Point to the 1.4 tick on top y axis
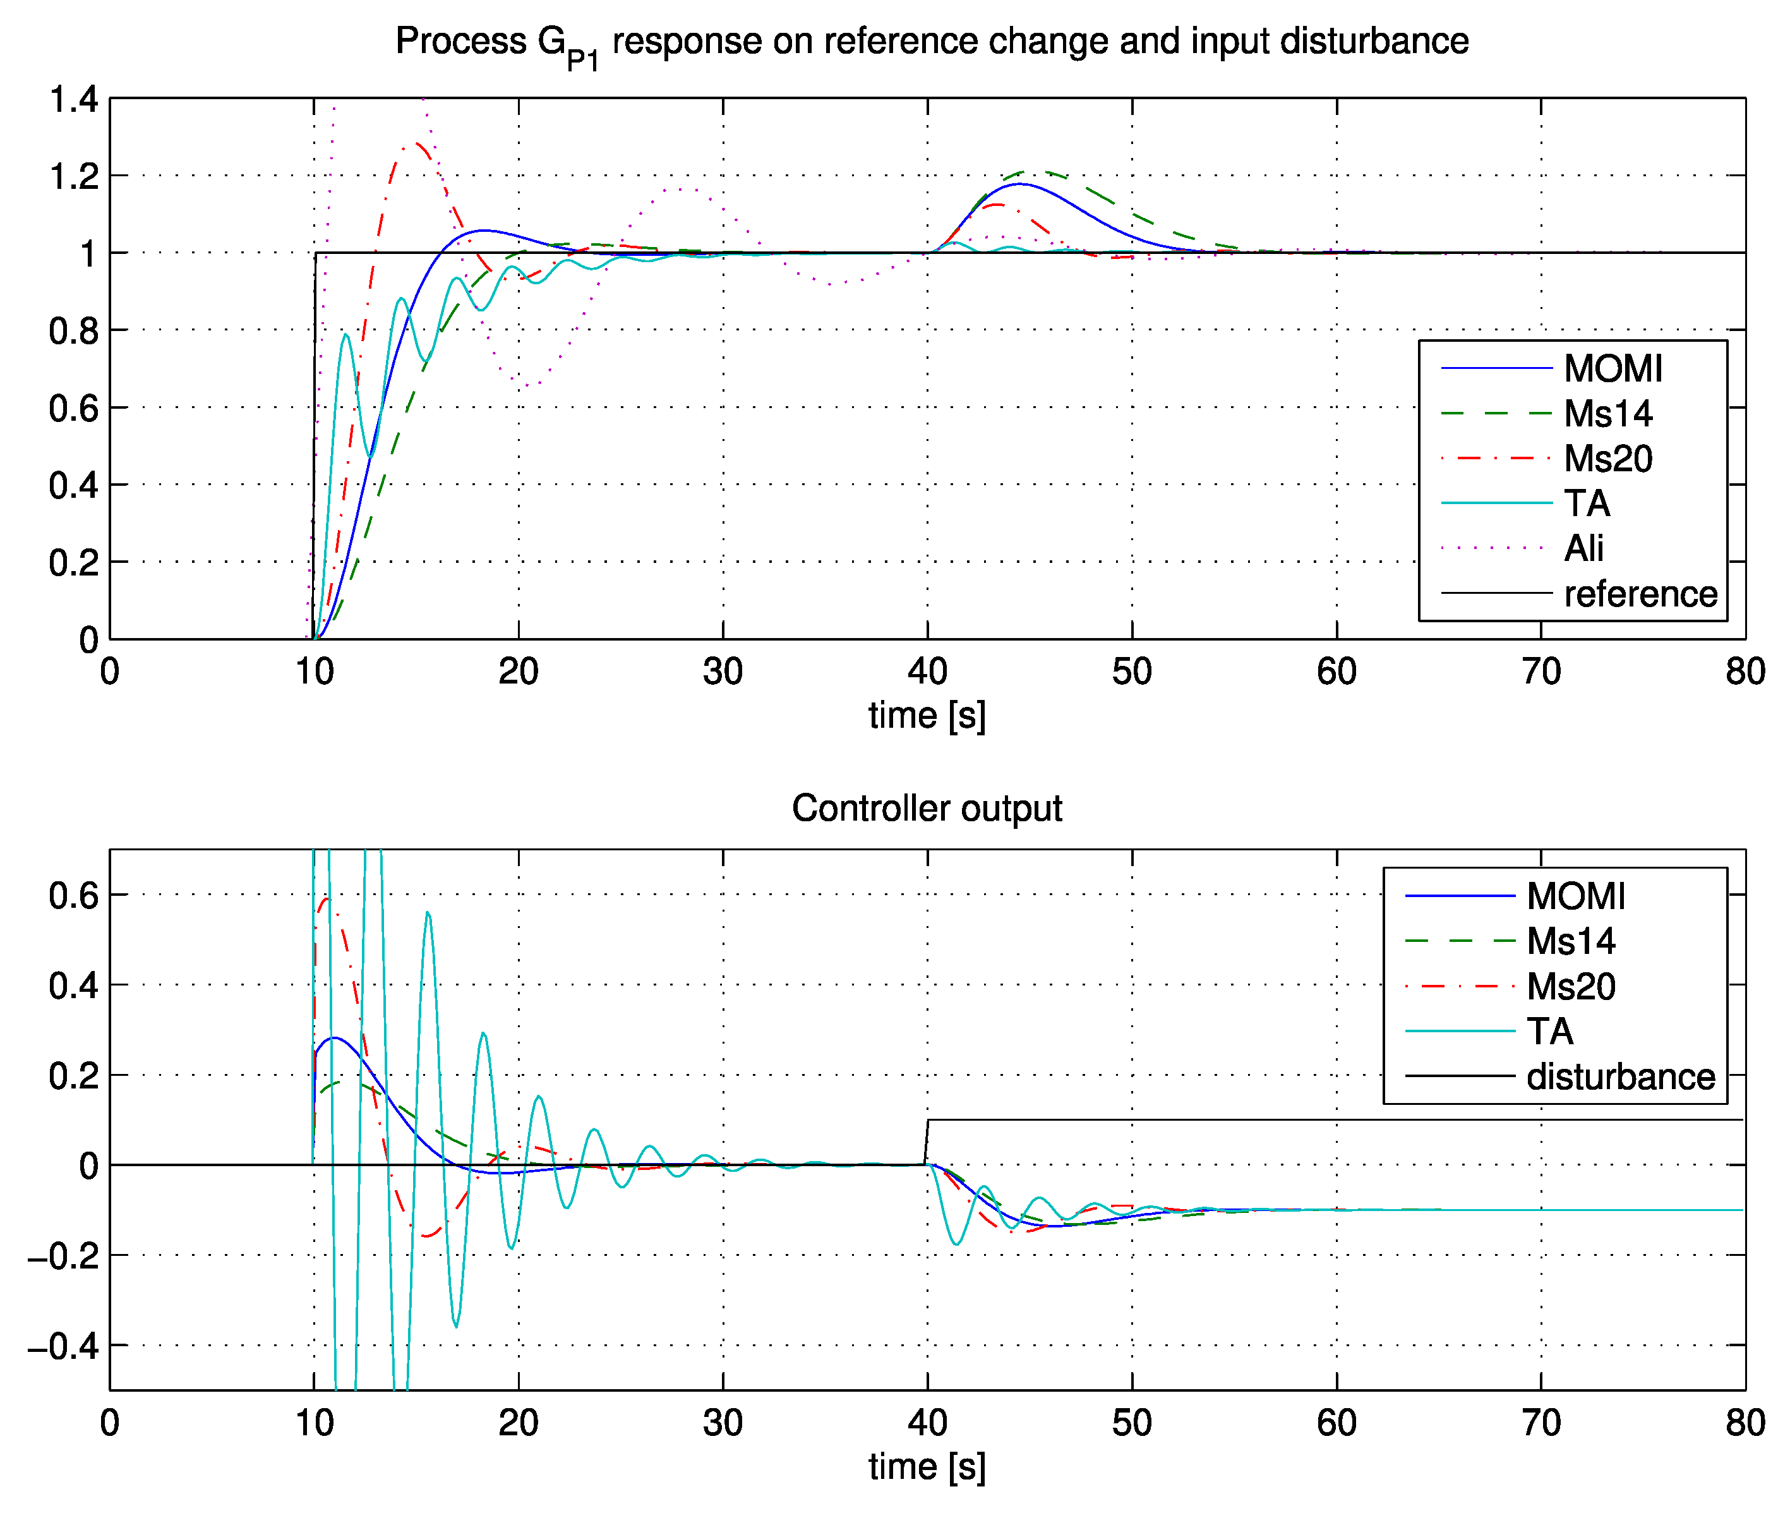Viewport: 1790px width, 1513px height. [x=74, y=99]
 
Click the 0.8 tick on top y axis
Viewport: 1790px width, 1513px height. [x=74, y=331]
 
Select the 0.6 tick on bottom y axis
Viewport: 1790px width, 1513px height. [x=74, y=895]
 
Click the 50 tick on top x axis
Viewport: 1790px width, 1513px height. [x=1131, y=672]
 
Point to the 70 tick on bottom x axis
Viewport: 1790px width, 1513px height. [x=1541, y=1423]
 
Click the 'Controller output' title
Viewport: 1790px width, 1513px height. [x=927, y=808]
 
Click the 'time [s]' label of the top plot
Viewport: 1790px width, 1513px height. [x=927, y=715]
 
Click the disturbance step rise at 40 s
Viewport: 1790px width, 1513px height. [x=927, y=1141]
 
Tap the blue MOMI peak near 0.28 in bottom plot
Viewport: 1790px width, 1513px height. [x=333, y=1038]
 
